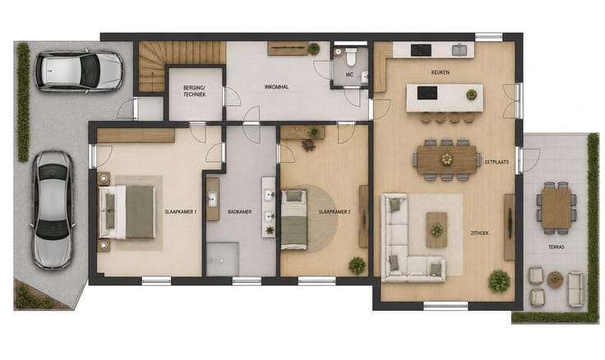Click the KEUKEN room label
(x=441, y=72)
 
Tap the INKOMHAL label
(x=277, y=87)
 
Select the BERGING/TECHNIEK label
(x=195, y=91)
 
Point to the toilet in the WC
(x=351, y=57)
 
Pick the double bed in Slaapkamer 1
(x=127, y=212)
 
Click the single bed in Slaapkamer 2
(x=294, y=219)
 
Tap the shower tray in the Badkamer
(x=222, y=259)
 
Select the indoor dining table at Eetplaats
(x=447, y=159)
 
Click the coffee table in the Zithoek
(x=436, y=230)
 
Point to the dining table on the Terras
(x=557, y=208)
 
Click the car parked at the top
(x=80, y=72)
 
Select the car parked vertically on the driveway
(x=53, y=210)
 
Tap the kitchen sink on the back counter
(x=460, y=50)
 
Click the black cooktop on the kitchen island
(x=427, y=93)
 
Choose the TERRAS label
(x=556, y=247)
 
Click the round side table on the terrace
(x=555, y=279)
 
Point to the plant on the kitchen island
(x=472, y=95)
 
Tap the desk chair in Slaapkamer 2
(x=309, y=145)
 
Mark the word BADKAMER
(x=239, y=212)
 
